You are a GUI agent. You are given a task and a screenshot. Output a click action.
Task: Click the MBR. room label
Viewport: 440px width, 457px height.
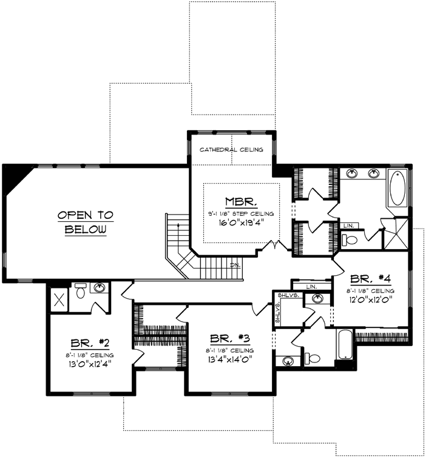242,201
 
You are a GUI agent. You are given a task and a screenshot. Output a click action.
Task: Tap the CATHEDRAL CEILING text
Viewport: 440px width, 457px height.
231,150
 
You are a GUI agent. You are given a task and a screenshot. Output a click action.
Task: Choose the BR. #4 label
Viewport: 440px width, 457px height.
370,279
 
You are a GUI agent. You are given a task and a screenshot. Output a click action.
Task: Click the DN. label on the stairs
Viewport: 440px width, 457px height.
234,265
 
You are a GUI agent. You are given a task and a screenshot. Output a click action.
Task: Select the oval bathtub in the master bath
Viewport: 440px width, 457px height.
398,188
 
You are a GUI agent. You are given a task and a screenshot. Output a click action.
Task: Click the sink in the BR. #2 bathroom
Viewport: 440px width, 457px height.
99,288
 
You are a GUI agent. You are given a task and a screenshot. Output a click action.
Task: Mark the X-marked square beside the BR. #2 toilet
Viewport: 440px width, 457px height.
59,298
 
